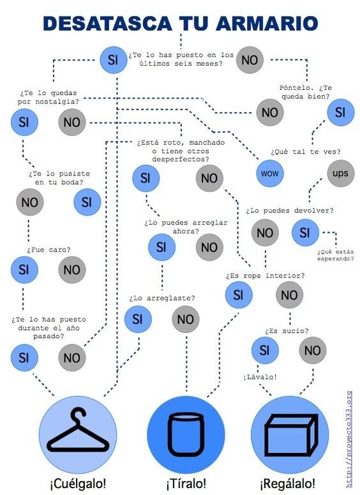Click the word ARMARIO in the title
click(x=267, y=24)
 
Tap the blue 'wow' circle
click(x=270, y=174)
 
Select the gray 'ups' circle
click(x=340, y=174)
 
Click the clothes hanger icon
click(x=78, y=430)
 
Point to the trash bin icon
click(x=186, y=434)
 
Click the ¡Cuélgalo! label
click(x=78, y=484)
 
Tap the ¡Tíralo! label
click(x=186, y=484)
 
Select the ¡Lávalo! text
click(x=260, y=377)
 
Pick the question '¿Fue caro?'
click(x=49, y=249)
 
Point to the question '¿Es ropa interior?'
click(x=266, y=276)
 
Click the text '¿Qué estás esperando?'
click(x=336, y=255)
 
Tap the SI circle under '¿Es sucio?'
click(x=265, y=350)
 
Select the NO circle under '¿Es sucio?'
click(x=313, y=350)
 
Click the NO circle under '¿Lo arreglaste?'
click(x=186, y=319)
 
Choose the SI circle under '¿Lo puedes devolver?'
click(x=305, y=233)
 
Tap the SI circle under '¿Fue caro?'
click(x=24, y=270)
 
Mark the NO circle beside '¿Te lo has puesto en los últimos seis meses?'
click(x=250, y=60)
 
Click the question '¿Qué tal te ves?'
click(x=306, y=152)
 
